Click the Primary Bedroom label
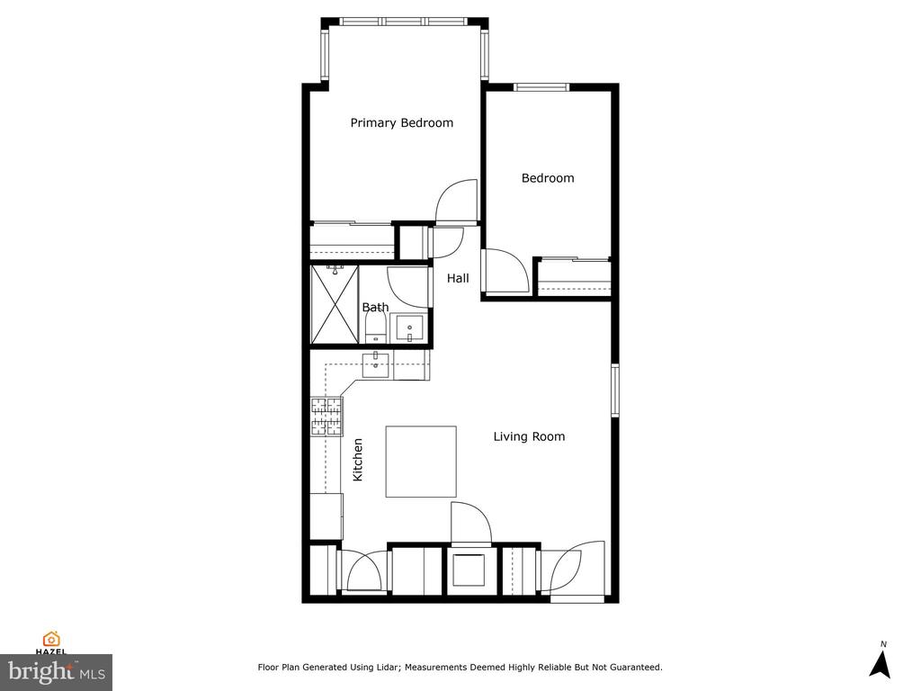pos(401,123)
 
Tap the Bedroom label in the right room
pos(548,178)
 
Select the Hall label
pos(458,279)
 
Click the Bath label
pos(375,308)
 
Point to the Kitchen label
pos(358,459)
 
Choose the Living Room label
pos(529,436)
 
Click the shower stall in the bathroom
pos(335,304)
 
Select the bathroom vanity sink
pos(409,328)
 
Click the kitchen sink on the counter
pos(376,364)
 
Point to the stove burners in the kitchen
pos(326,417)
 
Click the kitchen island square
pos(420,462)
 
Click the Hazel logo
pos(51,642)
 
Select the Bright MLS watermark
pos(56,671)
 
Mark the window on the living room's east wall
pos(615,390)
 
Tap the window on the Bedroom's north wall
pos(541,87)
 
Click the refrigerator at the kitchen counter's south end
pos(326,516)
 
